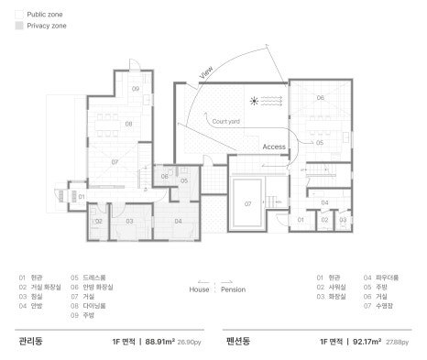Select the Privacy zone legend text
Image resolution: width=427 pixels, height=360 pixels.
pos(46,27)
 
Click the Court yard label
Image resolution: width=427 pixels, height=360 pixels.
pos(226,121)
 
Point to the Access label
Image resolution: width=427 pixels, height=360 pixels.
pos(274,146)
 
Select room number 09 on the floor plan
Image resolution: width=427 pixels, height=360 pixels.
pos(135,89)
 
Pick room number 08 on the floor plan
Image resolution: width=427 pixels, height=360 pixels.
pos(129,123)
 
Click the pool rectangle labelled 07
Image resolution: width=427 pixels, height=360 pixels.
pos(247,202)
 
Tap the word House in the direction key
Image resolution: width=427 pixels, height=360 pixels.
pos(199,289)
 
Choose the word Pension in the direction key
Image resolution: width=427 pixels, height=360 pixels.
pos(234,289)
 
